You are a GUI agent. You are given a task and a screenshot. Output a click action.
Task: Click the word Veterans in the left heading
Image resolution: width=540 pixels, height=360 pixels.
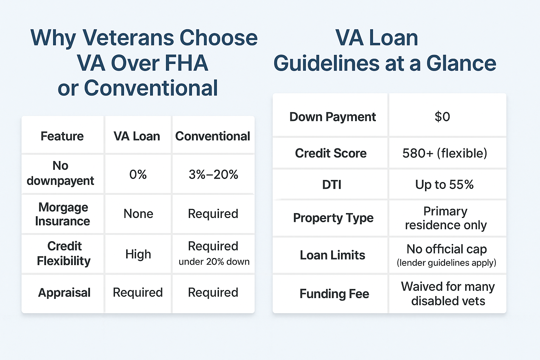[128, 38]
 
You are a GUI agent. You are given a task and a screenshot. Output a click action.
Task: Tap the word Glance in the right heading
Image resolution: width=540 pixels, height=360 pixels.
[461, 63]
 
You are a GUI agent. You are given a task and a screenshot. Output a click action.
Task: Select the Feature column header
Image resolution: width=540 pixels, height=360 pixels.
[62, 136]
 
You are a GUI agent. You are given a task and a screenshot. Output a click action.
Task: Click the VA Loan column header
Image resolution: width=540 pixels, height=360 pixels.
[137, 136]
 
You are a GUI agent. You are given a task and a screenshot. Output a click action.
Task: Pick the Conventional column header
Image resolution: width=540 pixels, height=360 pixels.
[212, 136]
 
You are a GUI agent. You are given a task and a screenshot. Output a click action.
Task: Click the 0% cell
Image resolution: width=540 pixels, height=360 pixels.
[138, 174]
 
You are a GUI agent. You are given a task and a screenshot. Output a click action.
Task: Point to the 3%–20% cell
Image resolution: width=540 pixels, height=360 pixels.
[213, 174]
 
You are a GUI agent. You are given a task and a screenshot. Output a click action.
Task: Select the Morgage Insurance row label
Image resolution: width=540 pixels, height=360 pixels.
[63, 214]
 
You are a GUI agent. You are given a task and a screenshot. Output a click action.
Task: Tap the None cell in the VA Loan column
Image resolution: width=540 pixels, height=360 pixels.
[138, 214]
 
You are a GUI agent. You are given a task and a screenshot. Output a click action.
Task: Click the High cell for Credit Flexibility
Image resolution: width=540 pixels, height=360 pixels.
[138, 254]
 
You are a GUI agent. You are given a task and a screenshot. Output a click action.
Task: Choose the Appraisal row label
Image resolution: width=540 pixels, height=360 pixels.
[64, 293]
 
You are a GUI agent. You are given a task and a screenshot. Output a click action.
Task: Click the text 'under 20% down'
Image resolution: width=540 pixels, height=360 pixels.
[214, 262]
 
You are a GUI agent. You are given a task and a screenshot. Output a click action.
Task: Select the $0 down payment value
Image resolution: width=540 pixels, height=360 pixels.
[442, 117]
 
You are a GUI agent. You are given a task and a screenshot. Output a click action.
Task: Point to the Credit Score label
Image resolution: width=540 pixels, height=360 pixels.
[331, 153]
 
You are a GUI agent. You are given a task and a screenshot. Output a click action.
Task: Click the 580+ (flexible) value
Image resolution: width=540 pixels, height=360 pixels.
[445, 153]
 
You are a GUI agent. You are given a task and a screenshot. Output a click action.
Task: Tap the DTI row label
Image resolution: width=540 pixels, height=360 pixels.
[332, 185]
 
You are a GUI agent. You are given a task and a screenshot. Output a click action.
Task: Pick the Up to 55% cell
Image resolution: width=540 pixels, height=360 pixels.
[444, 185]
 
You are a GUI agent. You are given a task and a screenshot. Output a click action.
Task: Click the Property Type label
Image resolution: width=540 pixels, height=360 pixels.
[333, 218]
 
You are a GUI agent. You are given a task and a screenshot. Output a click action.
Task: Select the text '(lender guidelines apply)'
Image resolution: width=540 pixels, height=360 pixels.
[446, 263]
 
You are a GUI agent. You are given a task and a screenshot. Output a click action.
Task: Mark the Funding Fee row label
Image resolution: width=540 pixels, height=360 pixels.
[334, 294]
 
